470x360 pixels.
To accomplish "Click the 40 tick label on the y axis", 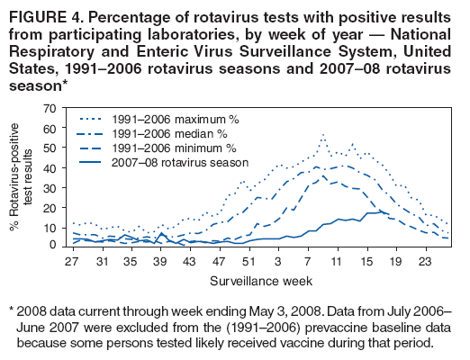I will (50, 167).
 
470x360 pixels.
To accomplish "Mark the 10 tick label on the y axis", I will (50, 228).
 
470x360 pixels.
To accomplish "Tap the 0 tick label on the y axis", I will (54, 247).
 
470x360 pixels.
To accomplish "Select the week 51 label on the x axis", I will (249, 261).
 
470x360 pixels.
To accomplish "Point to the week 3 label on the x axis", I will (277, 261).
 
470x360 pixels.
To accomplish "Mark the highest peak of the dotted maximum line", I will (322, 134).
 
